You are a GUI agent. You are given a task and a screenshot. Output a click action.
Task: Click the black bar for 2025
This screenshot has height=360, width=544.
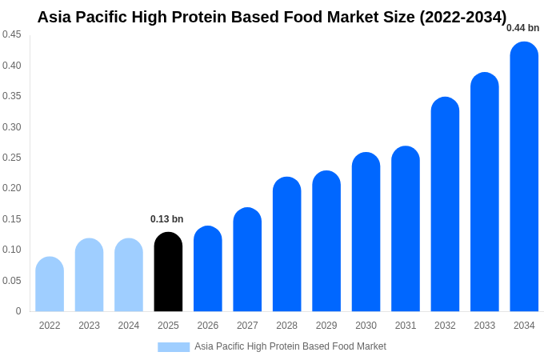[x=168, y=272]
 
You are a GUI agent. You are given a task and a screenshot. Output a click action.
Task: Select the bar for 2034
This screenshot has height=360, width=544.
[x=524, y=177]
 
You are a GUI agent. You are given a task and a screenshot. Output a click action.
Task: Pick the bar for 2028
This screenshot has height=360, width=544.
[x=286, y=244]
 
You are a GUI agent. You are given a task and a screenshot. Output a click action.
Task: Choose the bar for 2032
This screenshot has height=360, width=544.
[x=445, y=204]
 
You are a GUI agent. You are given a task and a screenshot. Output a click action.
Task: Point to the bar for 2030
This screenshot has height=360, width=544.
[x=366, y=232]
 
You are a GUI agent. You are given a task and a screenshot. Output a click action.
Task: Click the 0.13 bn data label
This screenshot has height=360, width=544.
[x=166, y=219]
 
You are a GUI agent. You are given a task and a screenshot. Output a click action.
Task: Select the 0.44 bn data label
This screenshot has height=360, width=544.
[x=522, y=28]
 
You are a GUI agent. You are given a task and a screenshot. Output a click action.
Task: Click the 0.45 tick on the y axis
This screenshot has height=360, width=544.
[x=11, y=34]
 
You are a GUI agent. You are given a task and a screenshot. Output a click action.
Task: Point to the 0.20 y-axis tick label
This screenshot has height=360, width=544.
[x=11, y=188]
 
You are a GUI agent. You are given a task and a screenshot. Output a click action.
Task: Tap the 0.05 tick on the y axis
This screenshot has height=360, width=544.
[x=11, y=281]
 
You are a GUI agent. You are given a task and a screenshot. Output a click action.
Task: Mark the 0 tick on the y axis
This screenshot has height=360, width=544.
[x=18, y=311]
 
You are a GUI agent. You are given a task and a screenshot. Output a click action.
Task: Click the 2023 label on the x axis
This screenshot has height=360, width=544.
[x=89, y=326]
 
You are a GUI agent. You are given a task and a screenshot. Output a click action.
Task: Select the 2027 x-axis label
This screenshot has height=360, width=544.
[x=247, y=326]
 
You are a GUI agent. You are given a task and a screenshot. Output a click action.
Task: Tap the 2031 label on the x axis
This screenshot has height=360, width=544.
[x=406, y=326]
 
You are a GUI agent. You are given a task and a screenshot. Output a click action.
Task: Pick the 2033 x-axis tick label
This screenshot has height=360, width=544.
[x=485, y=326]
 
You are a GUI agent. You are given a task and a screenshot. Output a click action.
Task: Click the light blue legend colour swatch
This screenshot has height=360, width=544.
[x=174, y=347]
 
